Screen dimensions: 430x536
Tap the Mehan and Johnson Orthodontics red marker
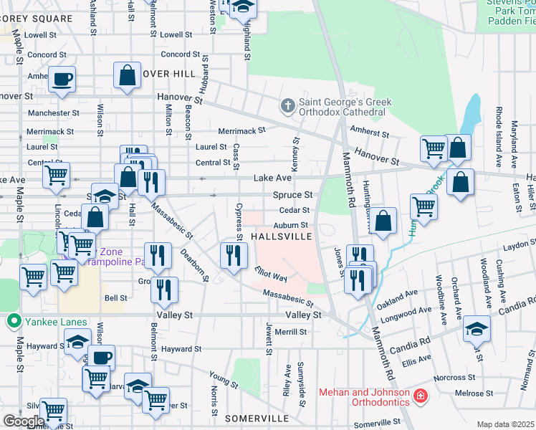[421, 395]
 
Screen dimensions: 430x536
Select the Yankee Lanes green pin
[11, 322]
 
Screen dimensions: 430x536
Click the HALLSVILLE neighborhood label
[280, 236]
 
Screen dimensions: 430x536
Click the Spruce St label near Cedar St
[292, 195]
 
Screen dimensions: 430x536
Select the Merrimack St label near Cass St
[241, 130]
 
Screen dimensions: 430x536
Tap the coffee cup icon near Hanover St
[62, 79]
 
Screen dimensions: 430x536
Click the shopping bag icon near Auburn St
[384, 223]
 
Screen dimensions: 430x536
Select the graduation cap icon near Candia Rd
[476, 329]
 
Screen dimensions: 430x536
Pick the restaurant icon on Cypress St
[233, 257]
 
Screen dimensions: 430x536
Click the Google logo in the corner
[23, 421]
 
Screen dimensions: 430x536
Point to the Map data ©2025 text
[505, 424]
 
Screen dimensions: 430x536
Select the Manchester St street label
[53, 113]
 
